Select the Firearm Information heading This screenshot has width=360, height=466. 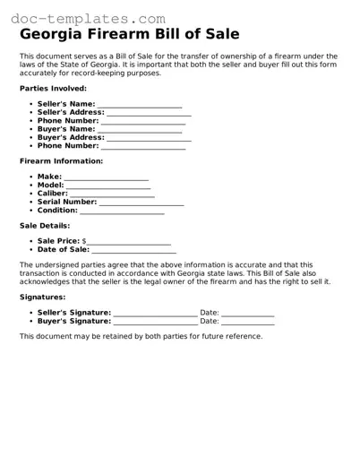[x=61, y=161]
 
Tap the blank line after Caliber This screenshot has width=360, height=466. [x=112, y=194]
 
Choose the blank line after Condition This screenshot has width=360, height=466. [x=123, y=211]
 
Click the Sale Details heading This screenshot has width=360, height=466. [x=44, y=226]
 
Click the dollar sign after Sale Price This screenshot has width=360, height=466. [x=84, y=242]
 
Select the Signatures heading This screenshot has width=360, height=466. [x=42, y=296]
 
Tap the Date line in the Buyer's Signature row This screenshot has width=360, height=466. [x=248, y=322]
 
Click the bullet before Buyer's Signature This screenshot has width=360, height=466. [x=31, y=321]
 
